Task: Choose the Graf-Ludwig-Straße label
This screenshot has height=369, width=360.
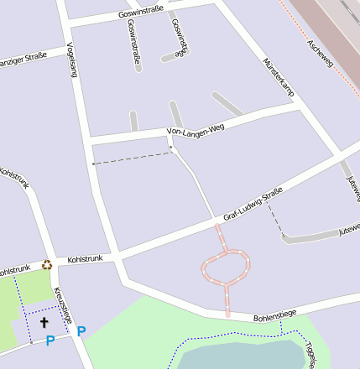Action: coord(252,206)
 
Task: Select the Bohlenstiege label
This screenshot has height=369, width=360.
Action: coord(274,316)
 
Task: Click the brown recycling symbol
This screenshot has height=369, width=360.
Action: coord(47,265)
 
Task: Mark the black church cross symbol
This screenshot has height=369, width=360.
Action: coord(44,321)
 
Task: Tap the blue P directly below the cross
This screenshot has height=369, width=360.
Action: coord(50,340)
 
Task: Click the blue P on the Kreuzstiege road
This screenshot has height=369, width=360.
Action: coord(81,331)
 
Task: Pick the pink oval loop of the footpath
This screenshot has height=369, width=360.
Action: coord(226,266)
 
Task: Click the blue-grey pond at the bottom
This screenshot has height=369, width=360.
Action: coord(243,356)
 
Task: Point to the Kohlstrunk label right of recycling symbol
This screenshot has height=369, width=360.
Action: coord(85,258)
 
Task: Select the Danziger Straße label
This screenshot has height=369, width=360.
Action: coord(28,60)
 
